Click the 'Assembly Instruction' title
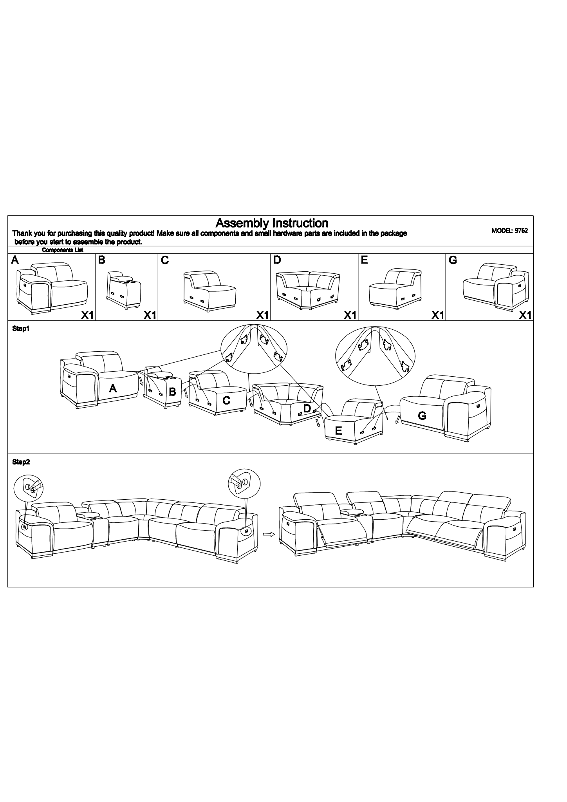(272, 223)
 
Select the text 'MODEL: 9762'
(509, 231)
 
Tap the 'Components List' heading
(62, 250)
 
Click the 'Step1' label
(21, 329)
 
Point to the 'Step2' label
(21, 462)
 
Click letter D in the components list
(277, 260)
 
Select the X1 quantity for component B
(150, 315)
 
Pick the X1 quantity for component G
(525, 315)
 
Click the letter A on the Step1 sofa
(113, 388)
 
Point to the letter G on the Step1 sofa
(422, 415)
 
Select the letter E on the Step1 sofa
(339, 431)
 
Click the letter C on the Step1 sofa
(226, 400)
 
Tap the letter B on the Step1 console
(172, 391)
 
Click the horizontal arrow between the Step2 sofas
(268, 534)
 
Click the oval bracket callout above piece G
(375, 355)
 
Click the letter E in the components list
(364, 260)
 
